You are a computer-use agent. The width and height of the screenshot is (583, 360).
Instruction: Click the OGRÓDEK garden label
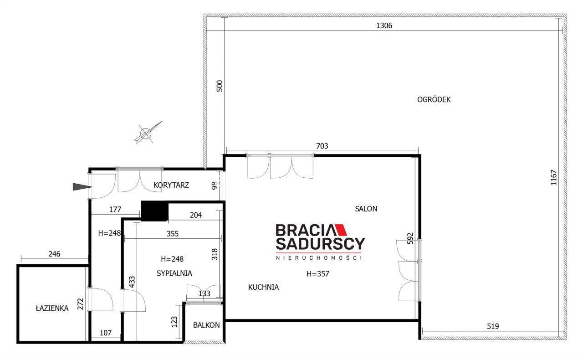pos(434,99)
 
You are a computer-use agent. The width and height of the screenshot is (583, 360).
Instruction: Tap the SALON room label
pos(366,209)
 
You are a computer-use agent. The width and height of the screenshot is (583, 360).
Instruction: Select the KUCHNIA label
pos(263,287)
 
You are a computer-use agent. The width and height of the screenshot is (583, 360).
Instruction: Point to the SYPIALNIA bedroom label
pos(174,273)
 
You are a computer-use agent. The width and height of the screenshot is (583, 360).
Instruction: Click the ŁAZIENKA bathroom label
pos(52,308)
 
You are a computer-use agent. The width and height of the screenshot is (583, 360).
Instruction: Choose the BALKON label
pos(206,325)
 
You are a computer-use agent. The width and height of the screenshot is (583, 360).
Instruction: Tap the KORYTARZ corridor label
pos(171,185)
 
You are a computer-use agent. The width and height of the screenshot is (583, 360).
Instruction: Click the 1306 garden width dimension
pos(384,26)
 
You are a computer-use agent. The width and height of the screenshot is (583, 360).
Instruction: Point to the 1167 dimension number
pos(553,178)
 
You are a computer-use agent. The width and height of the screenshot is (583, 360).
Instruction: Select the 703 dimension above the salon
pos(322,146)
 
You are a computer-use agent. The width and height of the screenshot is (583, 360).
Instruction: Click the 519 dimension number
pos(493,326)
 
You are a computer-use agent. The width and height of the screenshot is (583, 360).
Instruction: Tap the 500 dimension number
pos(220,86)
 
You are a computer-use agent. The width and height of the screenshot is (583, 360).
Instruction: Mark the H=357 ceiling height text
pos(318,273)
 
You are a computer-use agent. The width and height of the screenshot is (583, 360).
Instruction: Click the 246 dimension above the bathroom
pos(54,254)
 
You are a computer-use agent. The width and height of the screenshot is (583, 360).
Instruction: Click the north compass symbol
pos(147,133)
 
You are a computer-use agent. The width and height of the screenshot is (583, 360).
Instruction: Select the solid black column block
pos(154,211)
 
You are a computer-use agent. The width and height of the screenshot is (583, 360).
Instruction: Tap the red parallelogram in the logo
pos(341,230)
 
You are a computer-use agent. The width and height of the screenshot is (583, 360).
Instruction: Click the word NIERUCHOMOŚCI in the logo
pos(319,258)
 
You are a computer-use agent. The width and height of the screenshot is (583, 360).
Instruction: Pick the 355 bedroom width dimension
pos(173,234)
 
